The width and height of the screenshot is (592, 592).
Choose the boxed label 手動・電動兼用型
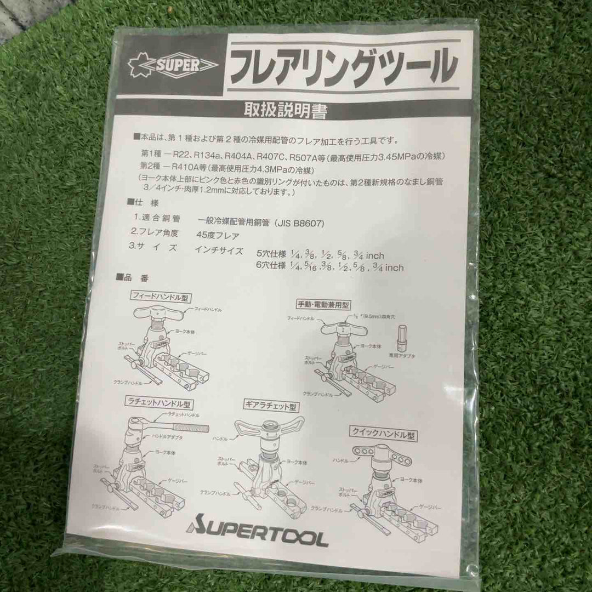click(x=324, y=305)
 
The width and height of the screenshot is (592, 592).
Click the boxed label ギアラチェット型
click(x=271, y=407)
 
